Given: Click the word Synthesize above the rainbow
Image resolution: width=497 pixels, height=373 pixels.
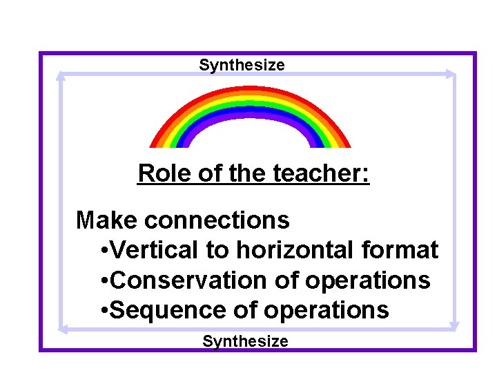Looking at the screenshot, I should [242, 66].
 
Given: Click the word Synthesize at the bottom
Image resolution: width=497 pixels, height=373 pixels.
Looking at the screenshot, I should [245, 341].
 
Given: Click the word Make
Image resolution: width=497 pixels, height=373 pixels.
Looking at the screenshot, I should [108, 220].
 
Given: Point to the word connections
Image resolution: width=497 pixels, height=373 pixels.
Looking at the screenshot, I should [217, 220].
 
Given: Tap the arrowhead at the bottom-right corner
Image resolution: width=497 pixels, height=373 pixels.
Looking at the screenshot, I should [454, 325].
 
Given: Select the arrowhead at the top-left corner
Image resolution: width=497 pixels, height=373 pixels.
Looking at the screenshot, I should [61, 75].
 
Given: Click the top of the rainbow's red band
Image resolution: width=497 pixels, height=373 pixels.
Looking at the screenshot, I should [250, 89].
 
